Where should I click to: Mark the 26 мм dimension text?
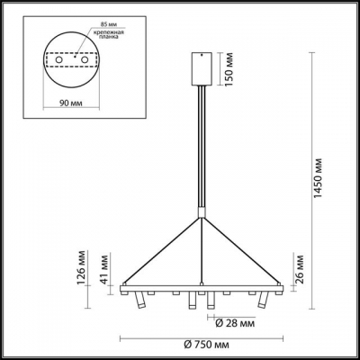pos(296,267)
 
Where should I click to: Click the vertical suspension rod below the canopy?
pos(202,144)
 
